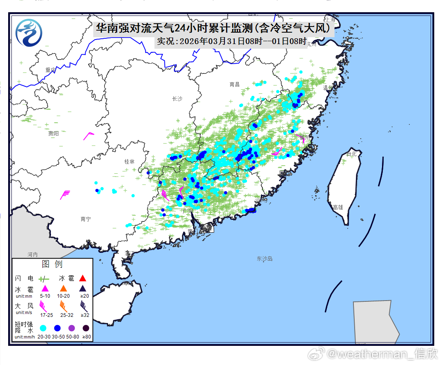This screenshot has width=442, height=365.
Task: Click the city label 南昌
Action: click(235, 84)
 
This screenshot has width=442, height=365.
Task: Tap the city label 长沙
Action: click(177, 99)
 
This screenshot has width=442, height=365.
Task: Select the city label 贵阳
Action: click(53, 133)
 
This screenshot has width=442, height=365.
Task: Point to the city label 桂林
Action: click(129, 161)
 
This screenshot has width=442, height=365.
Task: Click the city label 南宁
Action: click(86, 219)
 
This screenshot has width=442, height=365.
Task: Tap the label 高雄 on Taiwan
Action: click(338, 207)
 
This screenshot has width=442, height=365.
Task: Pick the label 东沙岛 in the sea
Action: click(264, 259)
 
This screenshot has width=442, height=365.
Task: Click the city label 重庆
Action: click(51, 70)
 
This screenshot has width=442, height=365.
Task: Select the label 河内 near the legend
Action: click(33, 254)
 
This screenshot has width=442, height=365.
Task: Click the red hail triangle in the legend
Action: click(83, 279)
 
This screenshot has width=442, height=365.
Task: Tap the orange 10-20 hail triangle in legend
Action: click(63, 288)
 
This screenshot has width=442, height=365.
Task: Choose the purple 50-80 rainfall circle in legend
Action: click(72, 328)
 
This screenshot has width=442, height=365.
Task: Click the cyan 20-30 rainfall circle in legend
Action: click(43, 328)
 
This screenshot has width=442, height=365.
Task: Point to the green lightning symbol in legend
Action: click(44, 279)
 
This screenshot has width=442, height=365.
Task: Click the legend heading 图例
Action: click(52, 265)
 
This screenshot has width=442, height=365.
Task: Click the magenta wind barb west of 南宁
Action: click(65, 195)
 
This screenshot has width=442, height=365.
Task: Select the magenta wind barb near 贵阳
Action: click(89, 136)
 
